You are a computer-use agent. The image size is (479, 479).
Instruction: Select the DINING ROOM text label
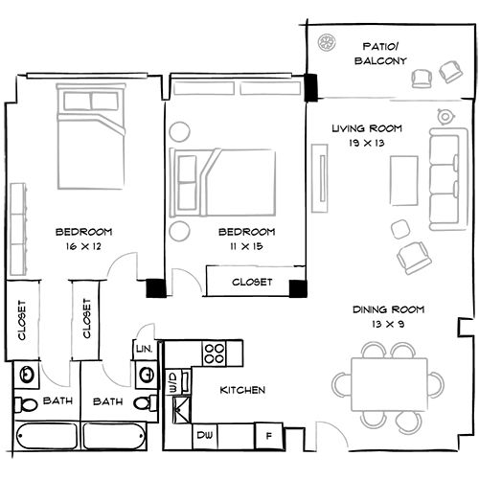388,309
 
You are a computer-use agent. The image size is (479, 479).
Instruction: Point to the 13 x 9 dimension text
388,324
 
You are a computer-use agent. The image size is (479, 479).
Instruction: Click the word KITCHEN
242,391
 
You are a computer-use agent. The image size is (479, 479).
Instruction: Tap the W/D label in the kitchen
172,384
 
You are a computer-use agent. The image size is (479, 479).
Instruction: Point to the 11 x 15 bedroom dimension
246,247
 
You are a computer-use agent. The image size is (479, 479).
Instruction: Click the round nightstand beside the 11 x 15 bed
178,231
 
